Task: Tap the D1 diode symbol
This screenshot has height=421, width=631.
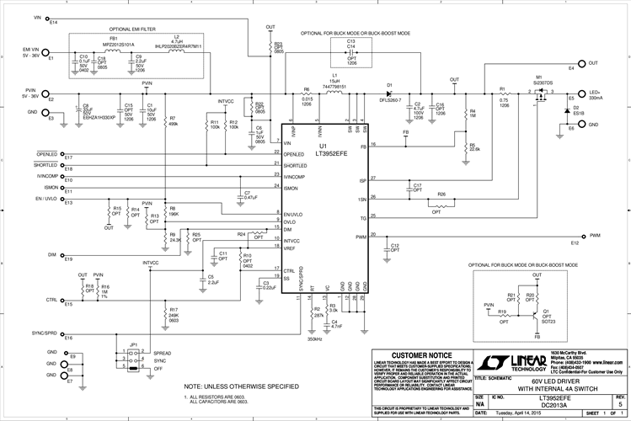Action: point(389,93)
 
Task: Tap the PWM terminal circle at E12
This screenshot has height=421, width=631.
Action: point(582,236)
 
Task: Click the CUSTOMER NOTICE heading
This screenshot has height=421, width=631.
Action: point(420,355)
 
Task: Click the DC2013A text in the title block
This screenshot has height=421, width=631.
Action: point(544,405)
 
